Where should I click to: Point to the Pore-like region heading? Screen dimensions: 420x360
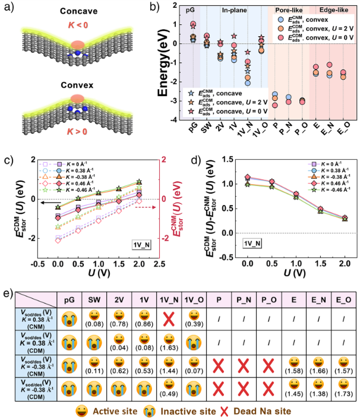click(290, 11)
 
